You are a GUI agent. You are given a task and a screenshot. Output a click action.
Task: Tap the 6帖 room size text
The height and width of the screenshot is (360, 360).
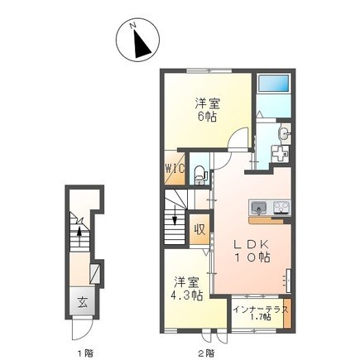tap(208, 118)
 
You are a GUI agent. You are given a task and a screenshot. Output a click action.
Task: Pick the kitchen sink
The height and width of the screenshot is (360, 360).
tap(257, 207)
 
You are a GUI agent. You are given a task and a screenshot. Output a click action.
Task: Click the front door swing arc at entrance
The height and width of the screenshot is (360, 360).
tap(81, 328)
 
